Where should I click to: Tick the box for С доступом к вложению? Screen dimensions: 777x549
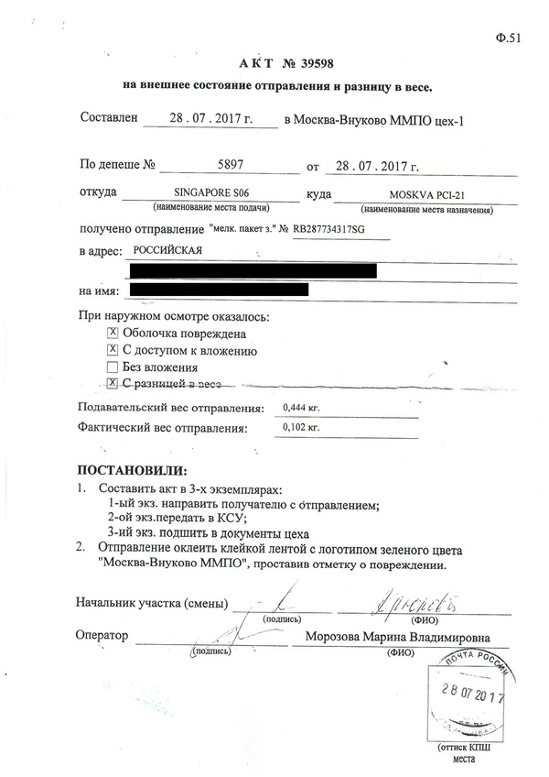tap(113, 350)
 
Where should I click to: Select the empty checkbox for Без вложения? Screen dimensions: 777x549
tap(113, 367)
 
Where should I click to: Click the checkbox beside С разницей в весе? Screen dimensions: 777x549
tap(113, 383)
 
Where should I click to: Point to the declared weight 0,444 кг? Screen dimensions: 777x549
tap(302, 408)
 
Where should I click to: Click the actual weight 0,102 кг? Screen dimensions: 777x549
tap(302, 427)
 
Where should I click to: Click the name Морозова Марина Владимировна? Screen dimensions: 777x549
tap(398, 638)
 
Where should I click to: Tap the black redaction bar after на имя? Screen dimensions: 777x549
tap(219, 290)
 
